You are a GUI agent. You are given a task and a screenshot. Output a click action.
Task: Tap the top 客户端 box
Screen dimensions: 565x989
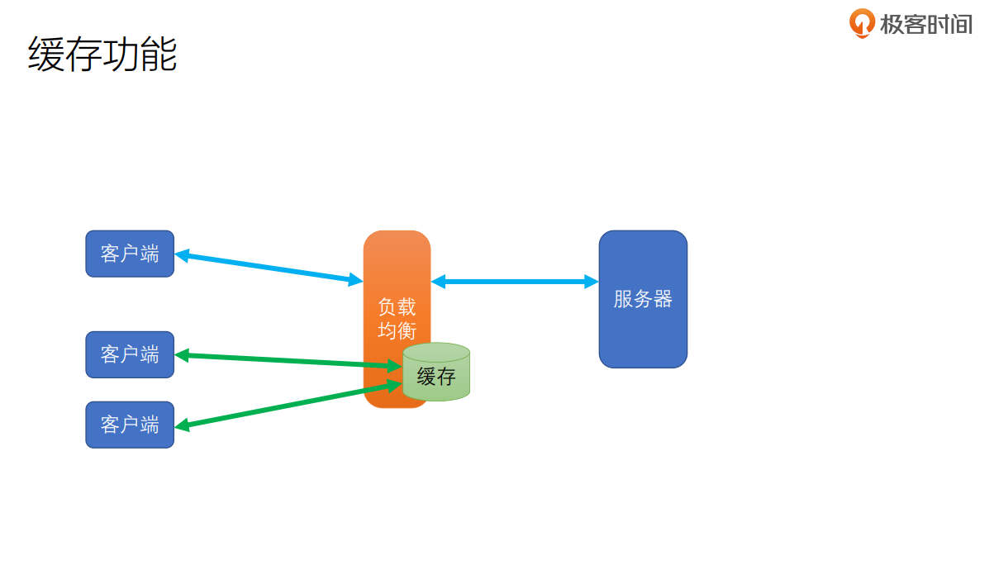click(130, 254)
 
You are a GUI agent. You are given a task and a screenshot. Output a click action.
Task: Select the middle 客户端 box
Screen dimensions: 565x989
click(130, 354)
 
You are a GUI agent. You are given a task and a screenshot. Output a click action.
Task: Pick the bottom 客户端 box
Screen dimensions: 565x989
click(130, 425)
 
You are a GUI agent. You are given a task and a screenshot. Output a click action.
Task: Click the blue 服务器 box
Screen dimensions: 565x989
click(643, 299)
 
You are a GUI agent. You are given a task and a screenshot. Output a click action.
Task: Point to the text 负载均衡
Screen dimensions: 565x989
click(397, 319)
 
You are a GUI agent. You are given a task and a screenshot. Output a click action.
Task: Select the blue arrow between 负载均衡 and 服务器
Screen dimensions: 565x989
click(514, 282)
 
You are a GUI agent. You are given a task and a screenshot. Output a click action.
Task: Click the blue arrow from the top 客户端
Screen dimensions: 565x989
click(269, 268)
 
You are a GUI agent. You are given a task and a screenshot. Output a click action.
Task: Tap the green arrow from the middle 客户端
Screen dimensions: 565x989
click(289, 360)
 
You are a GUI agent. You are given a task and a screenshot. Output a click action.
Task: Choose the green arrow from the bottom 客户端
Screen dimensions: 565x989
click(289, 406)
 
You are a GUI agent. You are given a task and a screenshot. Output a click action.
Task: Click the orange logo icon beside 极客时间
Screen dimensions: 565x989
click(862, 22)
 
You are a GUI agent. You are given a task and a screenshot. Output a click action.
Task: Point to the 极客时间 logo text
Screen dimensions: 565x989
click(925, 24)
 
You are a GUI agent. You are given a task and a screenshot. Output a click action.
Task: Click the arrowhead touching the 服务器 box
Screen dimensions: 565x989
click(592, 282)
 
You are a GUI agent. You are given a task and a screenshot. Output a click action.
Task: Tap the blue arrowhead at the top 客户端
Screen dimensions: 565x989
click(183, 255)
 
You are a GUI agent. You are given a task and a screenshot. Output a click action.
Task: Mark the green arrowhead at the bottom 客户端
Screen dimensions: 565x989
click(183, 426)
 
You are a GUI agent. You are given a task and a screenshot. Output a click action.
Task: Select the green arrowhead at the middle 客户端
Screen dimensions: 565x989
click(183, 355)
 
